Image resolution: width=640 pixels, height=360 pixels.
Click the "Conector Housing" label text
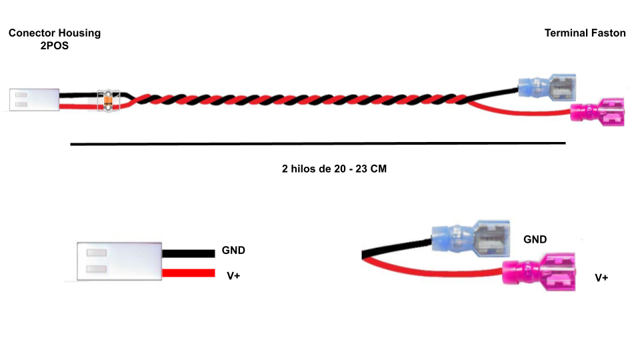point(55,33)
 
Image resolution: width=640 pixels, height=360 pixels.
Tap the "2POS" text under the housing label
point(55,47)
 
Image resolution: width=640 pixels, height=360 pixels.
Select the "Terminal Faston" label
point(585,33)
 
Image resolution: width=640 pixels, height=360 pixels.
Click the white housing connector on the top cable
point(35,100)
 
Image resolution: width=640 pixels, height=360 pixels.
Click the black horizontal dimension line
point(317,143)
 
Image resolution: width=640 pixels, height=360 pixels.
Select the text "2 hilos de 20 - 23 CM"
point(334,169)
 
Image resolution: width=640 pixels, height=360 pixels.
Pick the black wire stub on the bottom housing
point(189,253)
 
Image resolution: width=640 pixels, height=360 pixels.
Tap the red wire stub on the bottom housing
point(189,273)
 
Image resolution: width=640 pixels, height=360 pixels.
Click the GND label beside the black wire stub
point(233,251)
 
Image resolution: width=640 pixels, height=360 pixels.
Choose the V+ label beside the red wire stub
point(233,274)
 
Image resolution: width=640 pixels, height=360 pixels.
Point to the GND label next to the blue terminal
point(535,239)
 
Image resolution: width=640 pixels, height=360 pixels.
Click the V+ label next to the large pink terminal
point(601,277)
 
